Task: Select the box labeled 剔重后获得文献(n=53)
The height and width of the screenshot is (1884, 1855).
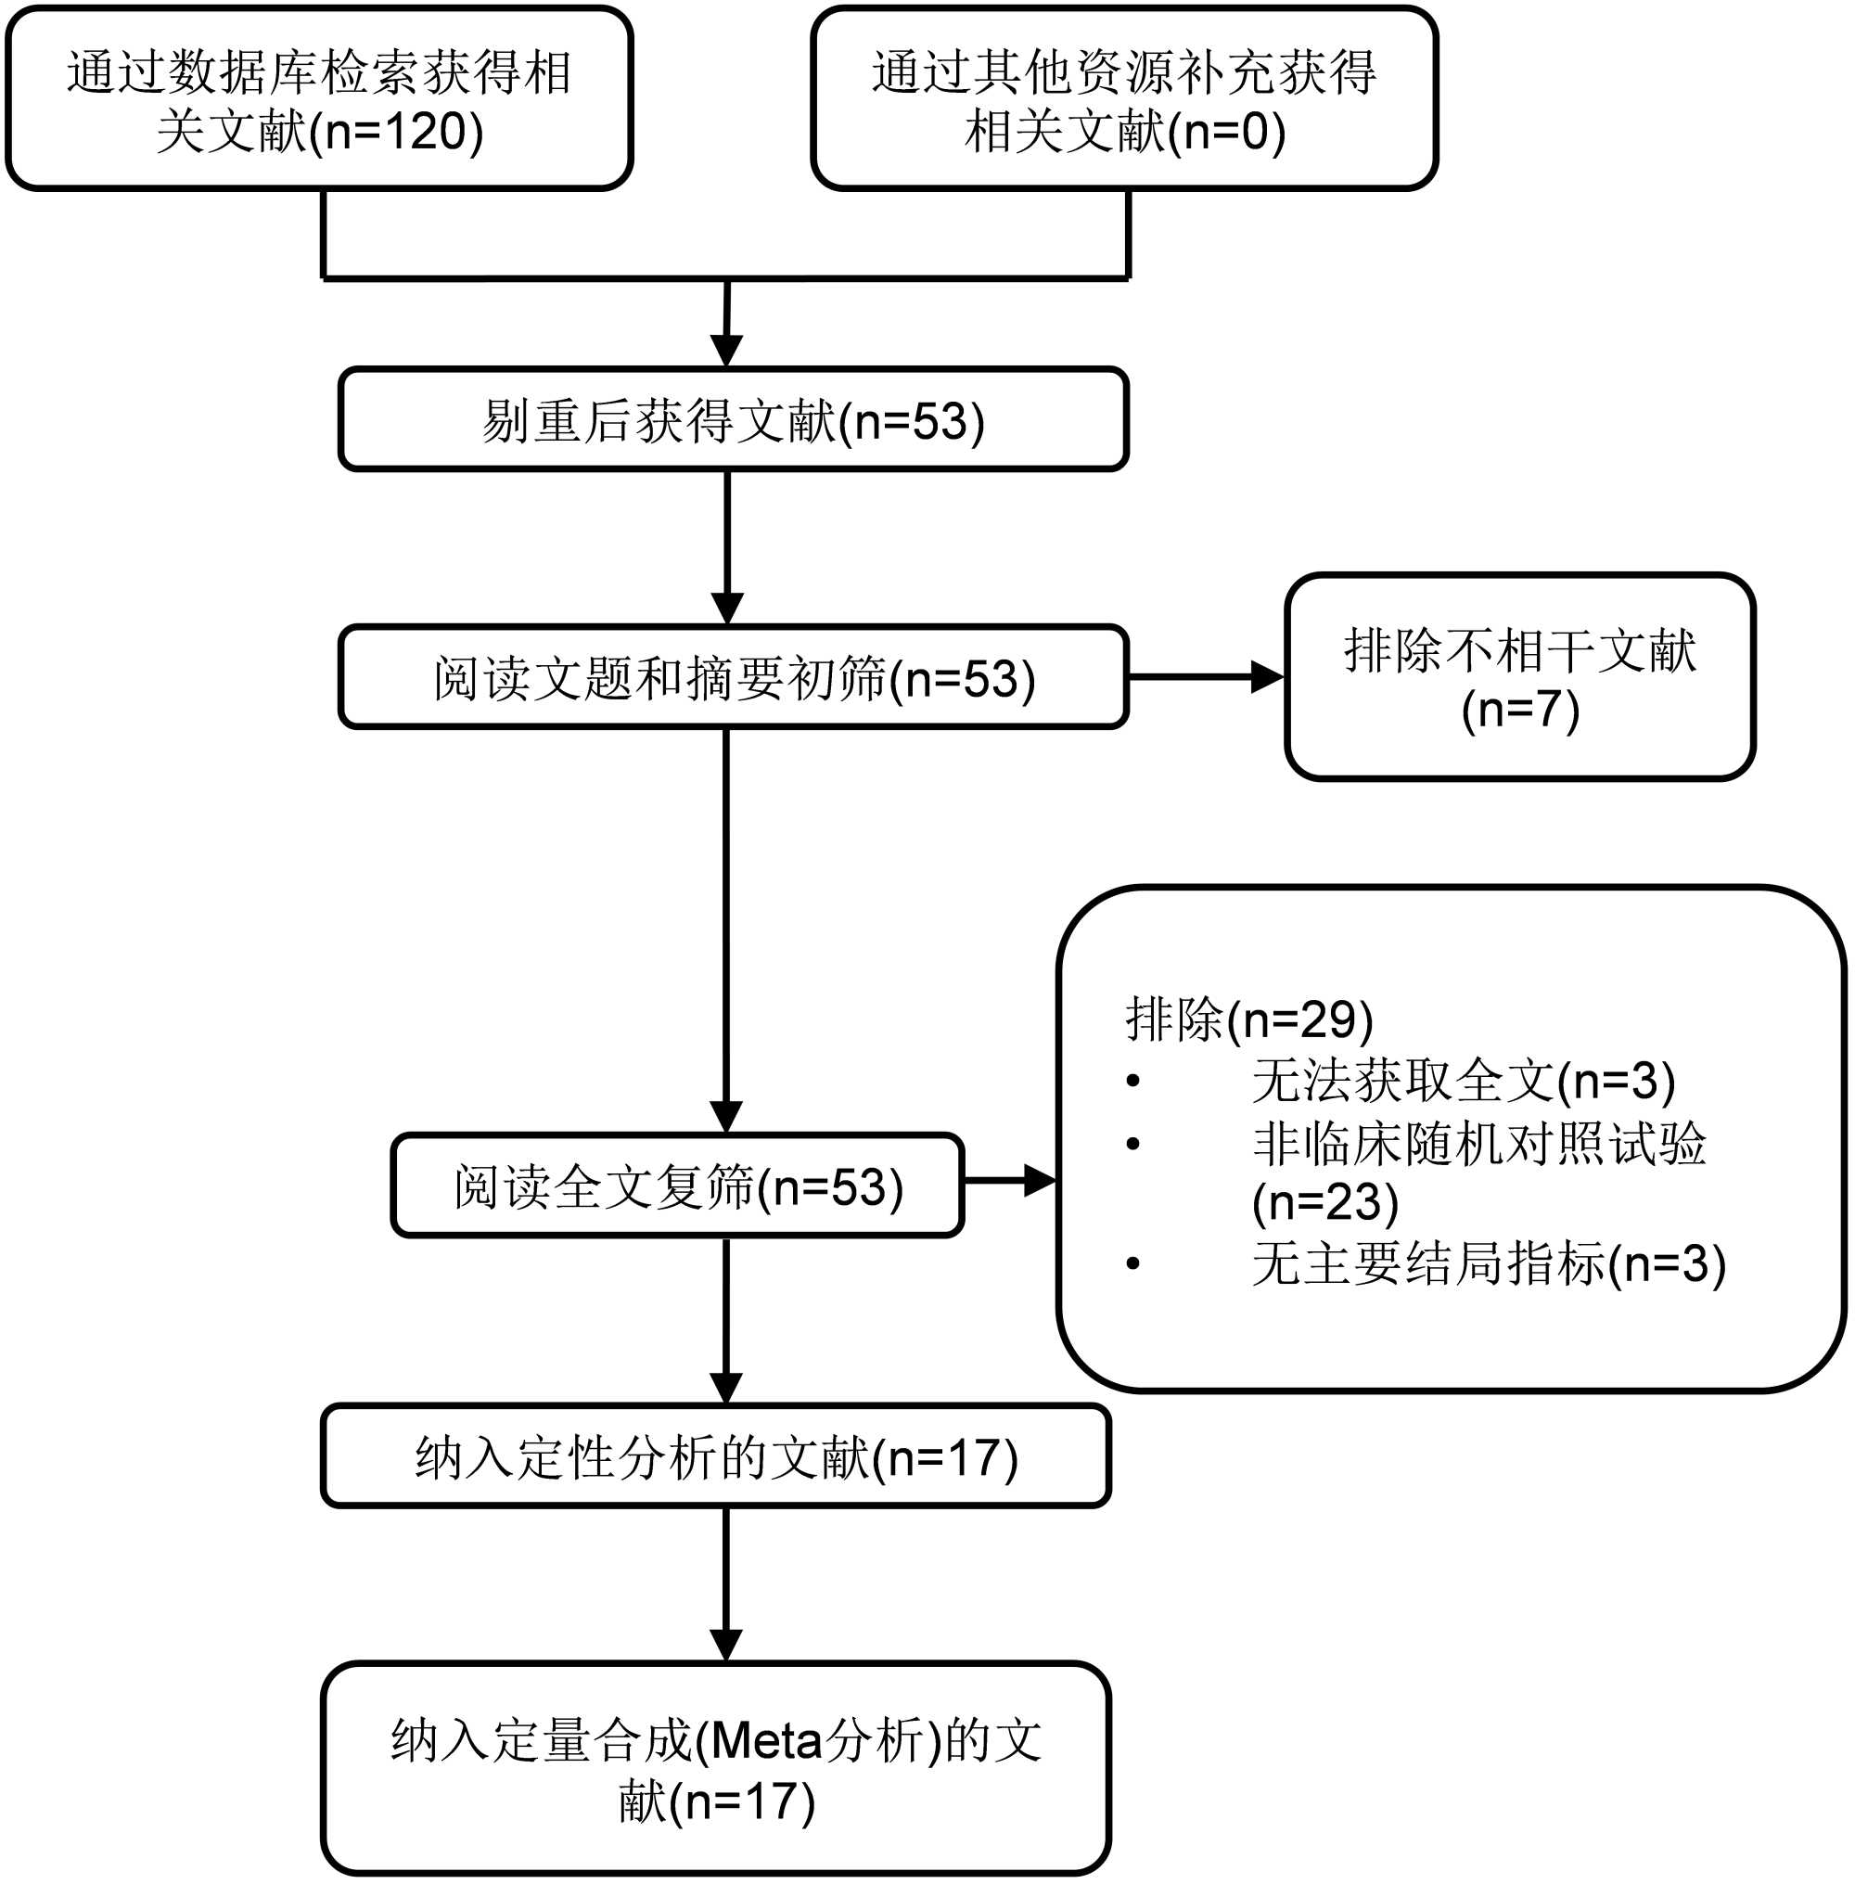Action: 733,420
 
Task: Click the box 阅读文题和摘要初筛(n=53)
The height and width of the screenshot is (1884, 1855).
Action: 733,678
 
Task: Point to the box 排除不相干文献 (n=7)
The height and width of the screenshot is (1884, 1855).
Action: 1519,678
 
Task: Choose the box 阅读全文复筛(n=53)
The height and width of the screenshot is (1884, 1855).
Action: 677,1186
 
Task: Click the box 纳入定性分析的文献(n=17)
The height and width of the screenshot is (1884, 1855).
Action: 715,1457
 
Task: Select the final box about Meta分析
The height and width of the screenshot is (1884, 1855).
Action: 715,1769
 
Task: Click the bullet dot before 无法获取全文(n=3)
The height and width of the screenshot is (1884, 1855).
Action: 1132,1081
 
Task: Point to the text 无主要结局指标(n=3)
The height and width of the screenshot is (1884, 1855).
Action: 1488,1263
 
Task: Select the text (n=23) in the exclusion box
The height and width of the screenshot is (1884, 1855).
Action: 1325,1202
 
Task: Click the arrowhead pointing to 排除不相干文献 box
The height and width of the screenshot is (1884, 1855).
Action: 1267,677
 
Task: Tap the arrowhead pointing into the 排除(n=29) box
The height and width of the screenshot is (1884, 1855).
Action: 1040,1181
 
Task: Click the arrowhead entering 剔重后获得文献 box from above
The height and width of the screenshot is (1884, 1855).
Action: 727,350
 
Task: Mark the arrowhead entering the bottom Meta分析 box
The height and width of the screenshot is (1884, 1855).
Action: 726,1646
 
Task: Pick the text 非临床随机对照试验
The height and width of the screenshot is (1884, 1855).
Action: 1478,1143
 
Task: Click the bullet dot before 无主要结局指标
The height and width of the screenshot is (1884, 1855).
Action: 1132,1263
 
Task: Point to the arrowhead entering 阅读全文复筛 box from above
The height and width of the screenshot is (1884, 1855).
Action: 726,1116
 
